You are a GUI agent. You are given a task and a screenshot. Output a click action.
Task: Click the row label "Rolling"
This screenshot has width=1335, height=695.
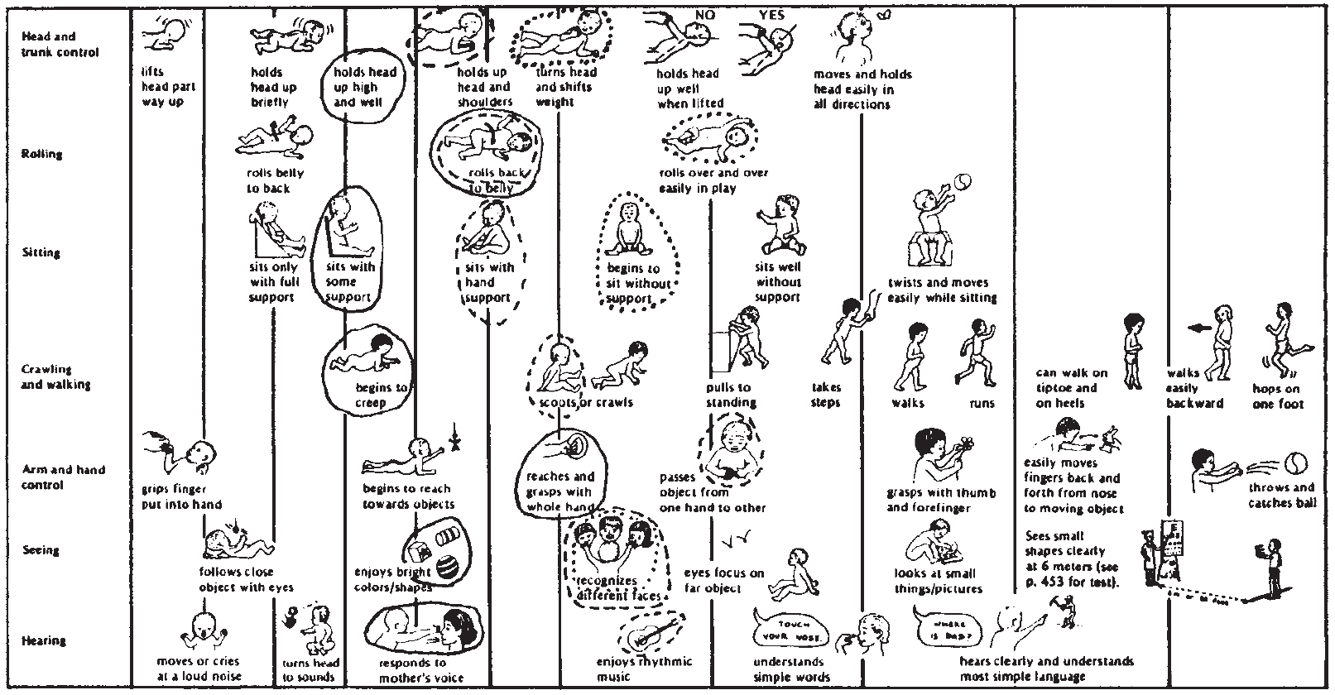pyautogui.click(x=41, y=154)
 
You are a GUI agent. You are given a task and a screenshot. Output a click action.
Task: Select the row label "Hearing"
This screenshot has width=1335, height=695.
pyautogui.click(x=43, y=640)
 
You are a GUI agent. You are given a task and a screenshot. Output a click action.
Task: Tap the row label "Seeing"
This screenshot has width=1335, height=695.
pyautogui.click(x=41, y=550)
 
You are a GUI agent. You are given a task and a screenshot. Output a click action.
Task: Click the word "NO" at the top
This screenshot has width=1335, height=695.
pyautogui.click(x=704, y=15)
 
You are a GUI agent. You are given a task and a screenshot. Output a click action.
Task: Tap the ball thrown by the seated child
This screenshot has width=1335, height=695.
pyautogui.click(x=963, y=181)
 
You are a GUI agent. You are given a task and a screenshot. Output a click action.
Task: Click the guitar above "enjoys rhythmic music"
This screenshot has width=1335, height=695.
pyautogui.click(x=651, y=633)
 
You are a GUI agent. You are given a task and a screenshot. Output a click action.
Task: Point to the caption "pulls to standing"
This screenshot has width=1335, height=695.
pyautogui.click(x=731, y=395)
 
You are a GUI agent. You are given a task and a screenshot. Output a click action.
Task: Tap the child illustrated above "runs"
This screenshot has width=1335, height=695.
pyautogui.click(x=978, y=350)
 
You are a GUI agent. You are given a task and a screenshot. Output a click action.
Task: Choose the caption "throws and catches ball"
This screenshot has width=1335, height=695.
pyautogui.click(x=1281, y=495)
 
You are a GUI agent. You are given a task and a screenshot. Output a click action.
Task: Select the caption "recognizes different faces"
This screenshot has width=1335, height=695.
pyautogui.click(x=618, y=588)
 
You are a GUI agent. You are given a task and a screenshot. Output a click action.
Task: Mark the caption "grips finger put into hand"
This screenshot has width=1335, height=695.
pyautogui.click(x=180, y=496)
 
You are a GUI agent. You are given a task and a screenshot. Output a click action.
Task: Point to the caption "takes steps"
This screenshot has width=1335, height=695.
pyautogui.click(x=826, y=395)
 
